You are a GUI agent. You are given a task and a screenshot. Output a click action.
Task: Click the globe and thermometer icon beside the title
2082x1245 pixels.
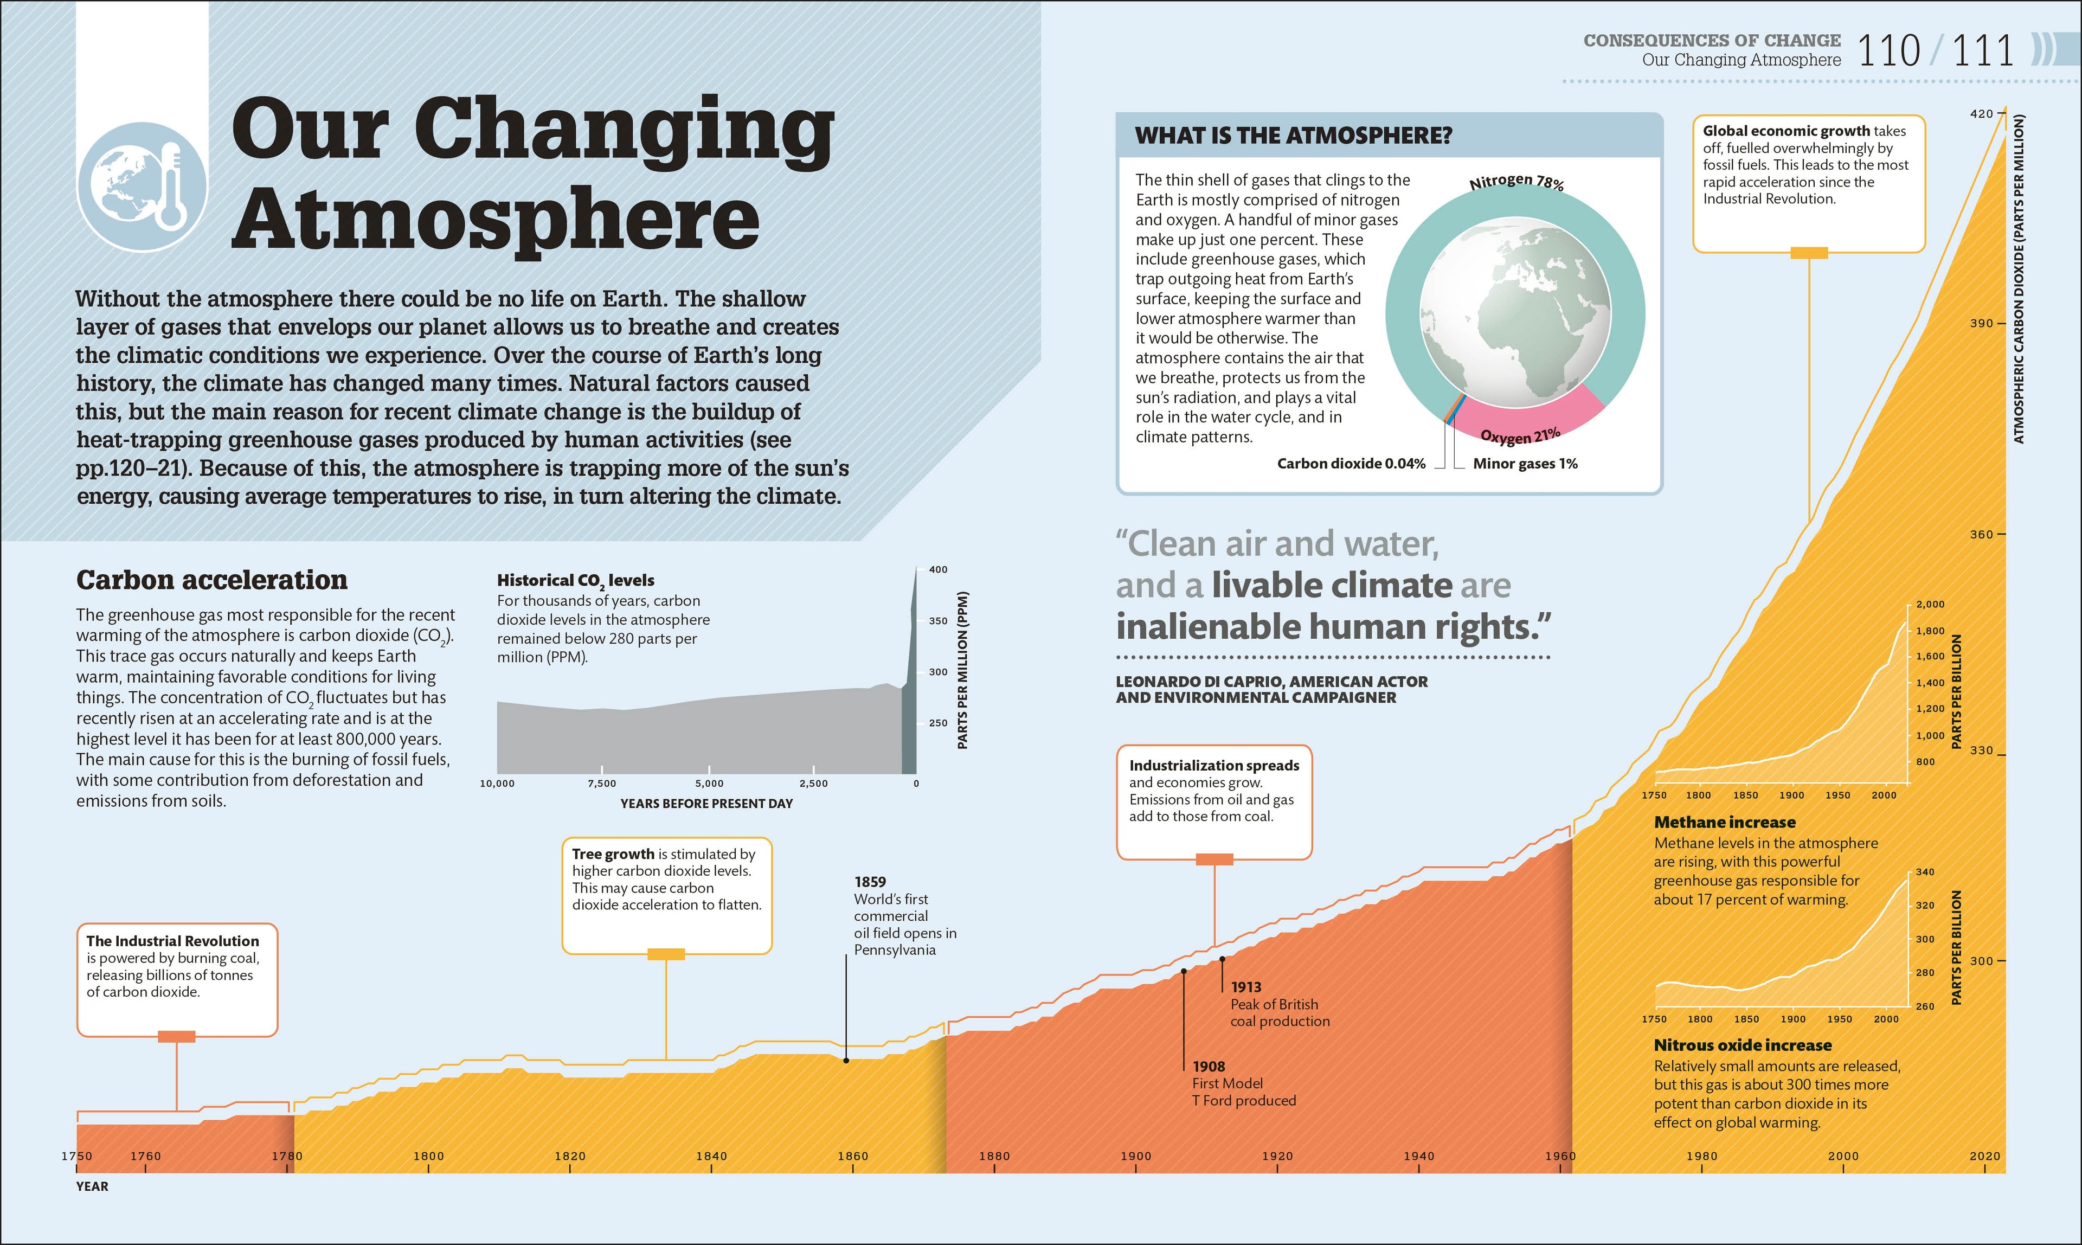(x=142, y=186)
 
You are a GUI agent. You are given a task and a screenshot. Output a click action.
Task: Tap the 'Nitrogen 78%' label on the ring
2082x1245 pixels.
(x=1516, y=181)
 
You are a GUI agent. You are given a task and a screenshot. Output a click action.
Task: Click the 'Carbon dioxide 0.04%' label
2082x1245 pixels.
(x=1351, y=464)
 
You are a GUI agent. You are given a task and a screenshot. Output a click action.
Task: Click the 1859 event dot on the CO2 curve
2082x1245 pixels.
(x=846, y=1061)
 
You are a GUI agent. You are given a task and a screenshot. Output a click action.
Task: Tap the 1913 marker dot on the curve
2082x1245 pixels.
(x=1222, y=958)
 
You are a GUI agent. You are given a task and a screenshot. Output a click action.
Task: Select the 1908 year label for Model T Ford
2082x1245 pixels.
(x=1208, y=1066)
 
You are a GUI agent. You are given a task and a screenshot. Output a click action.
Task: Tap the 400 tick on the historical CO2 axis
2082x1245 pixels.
(x=938, y=570)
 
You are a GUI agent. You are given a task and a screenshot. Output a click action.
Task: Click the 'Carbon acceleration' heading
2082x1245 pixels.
(x=211, y=580)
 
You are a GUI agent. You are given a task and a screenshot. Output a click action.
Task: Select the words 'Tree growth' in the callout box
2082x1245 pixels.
(x=612, y=854)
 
